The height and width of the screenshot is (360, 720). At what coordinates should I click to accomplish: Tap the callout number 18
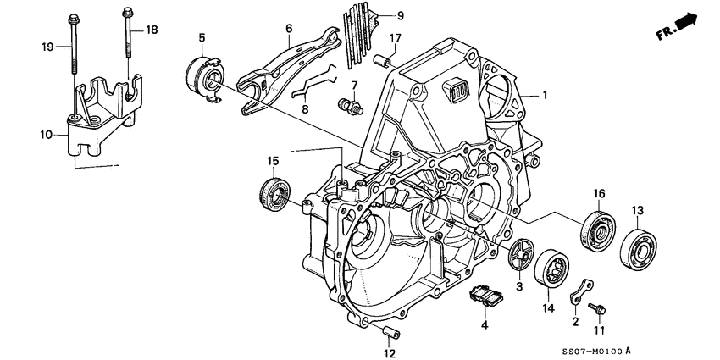[x=152, y=30]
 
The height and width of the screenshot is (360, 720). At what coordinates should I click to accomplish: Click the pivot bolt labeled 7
[x=348, y=108]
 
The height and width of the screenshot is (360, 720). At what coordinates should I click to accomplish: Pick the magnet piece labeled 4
[x=486, y=296]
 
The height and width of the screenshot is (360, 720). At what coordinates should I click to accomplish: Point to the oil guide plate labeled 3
[x=518, y=252]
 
